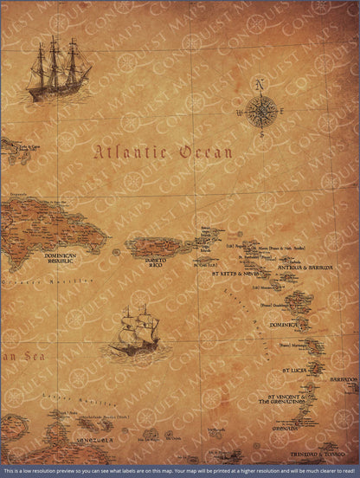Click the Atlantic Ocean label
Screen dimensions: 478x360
click(164, 152)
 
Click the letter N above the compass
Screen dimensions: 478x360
click(259, 84)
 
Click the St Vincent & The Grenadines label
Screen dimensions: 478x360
click(281, 400)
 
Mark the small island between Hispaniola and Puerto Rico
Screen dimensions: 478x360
click(116, 252)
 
